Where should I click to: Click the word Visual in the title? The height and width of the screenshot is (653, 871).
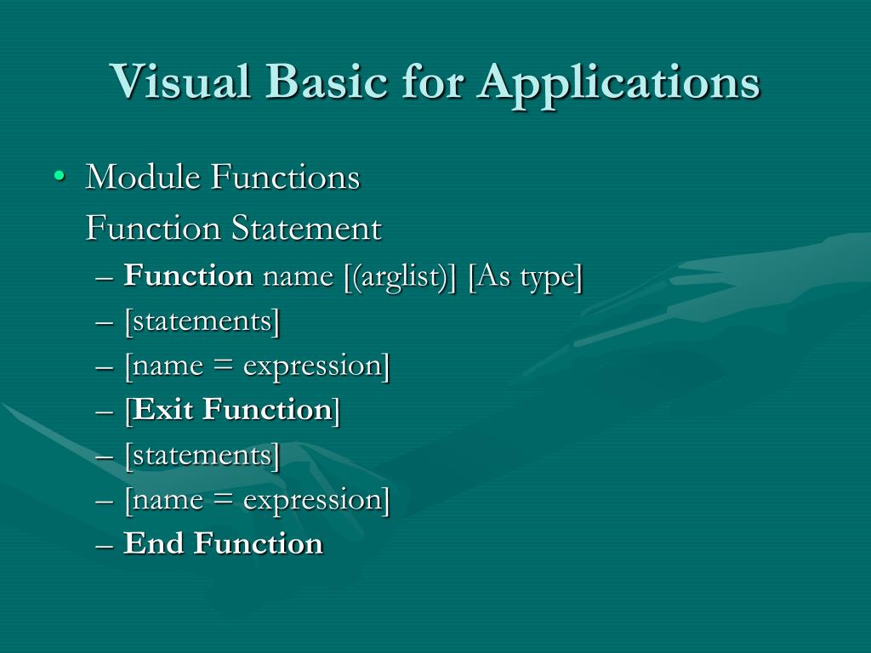182,82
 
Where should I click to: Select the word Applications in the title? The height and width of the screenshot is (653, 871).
618,82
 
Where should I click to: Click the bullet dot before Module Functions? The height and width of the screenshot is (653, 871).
59,177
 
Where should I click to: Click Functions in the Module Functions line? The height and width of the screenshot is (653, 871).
285,178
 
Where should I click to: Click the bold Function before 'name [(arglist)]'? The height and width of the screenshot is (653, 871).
188,276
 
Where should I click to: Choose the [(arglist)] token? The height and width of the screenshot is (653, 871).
401,277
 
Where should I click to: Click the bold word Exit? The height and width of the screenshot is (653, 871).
165,410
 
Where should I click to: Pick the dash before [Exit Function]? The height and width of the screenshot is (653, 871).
105,411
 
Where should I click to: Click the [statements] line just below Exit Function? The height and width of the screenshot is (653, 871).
202,455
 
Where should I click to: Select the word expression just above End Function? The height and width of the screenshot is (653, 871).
312,499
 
